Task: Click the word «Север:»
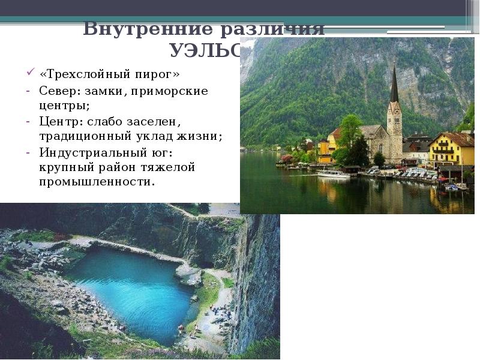pos(59,91)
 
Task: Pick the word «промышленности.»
pos(97,181)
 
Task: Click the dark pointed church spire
pos(394,87)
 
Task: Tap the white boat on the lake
pos(333,174)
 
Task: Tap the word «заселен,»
pos(155,121)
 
